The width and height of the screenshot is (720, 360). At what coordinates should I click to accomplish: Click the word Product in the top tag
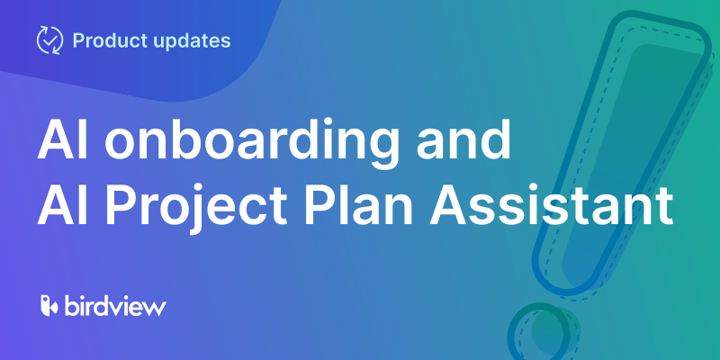point(106,40)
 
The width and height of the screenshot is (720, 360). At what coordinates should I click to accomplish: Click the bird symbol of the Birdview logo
point(49,306)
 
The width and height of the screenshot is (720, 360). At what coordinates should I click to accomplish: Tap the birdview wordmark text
point(115,306)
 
